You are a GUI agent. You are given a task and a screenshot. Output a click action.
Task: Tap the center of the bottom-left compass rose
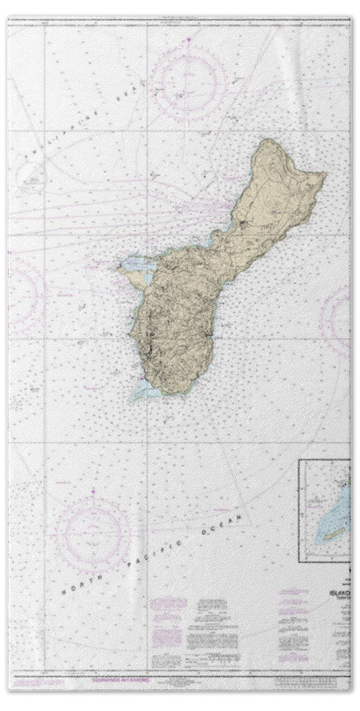(x=93, y=533)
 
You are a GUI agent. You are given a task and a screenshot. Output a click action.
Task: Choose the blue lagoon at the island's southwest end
(x=146, y=391)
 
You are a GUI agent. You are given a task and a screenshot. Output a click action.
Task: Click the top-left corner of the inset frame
(x=300, y=460)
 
